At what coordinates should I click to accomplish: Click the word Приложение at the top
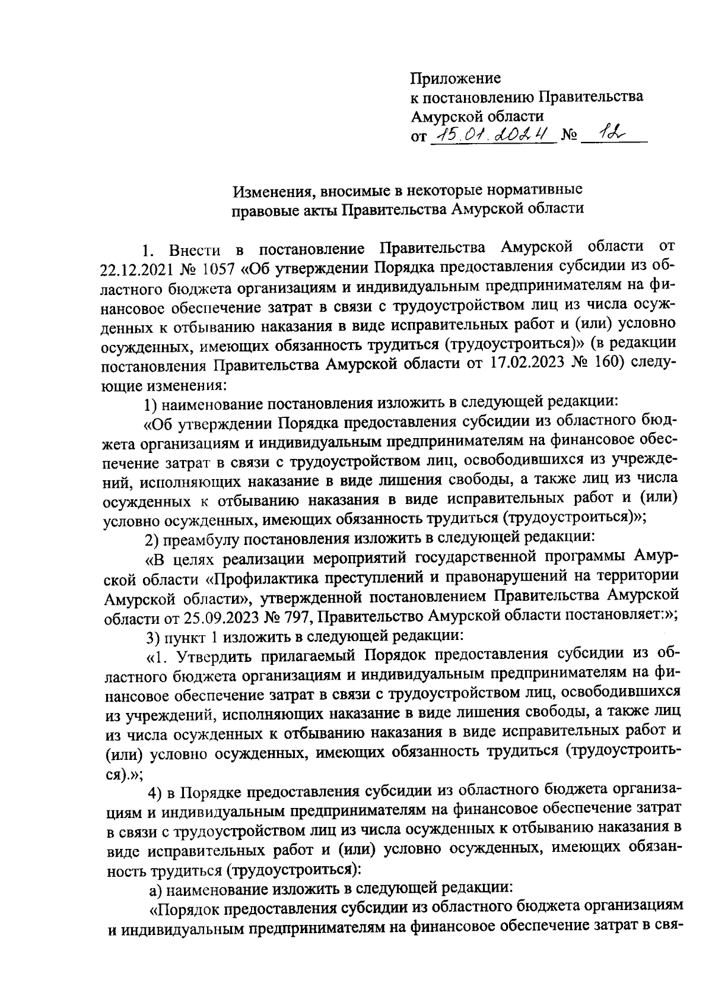pyautogui.click(x=456, y=78)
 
